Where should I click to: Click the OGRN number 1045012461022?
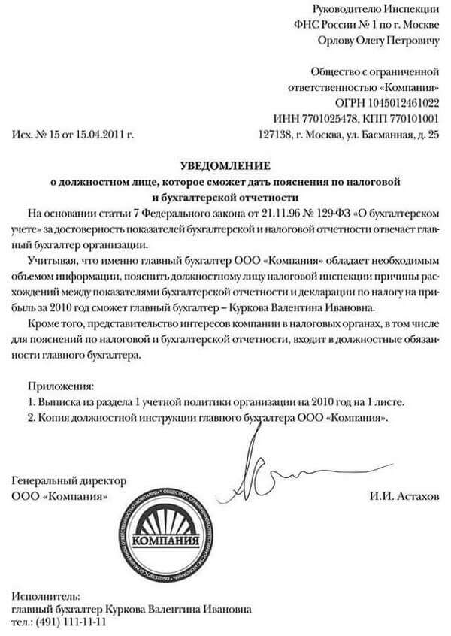398,101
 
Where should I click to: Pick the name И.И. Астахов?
403,497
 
